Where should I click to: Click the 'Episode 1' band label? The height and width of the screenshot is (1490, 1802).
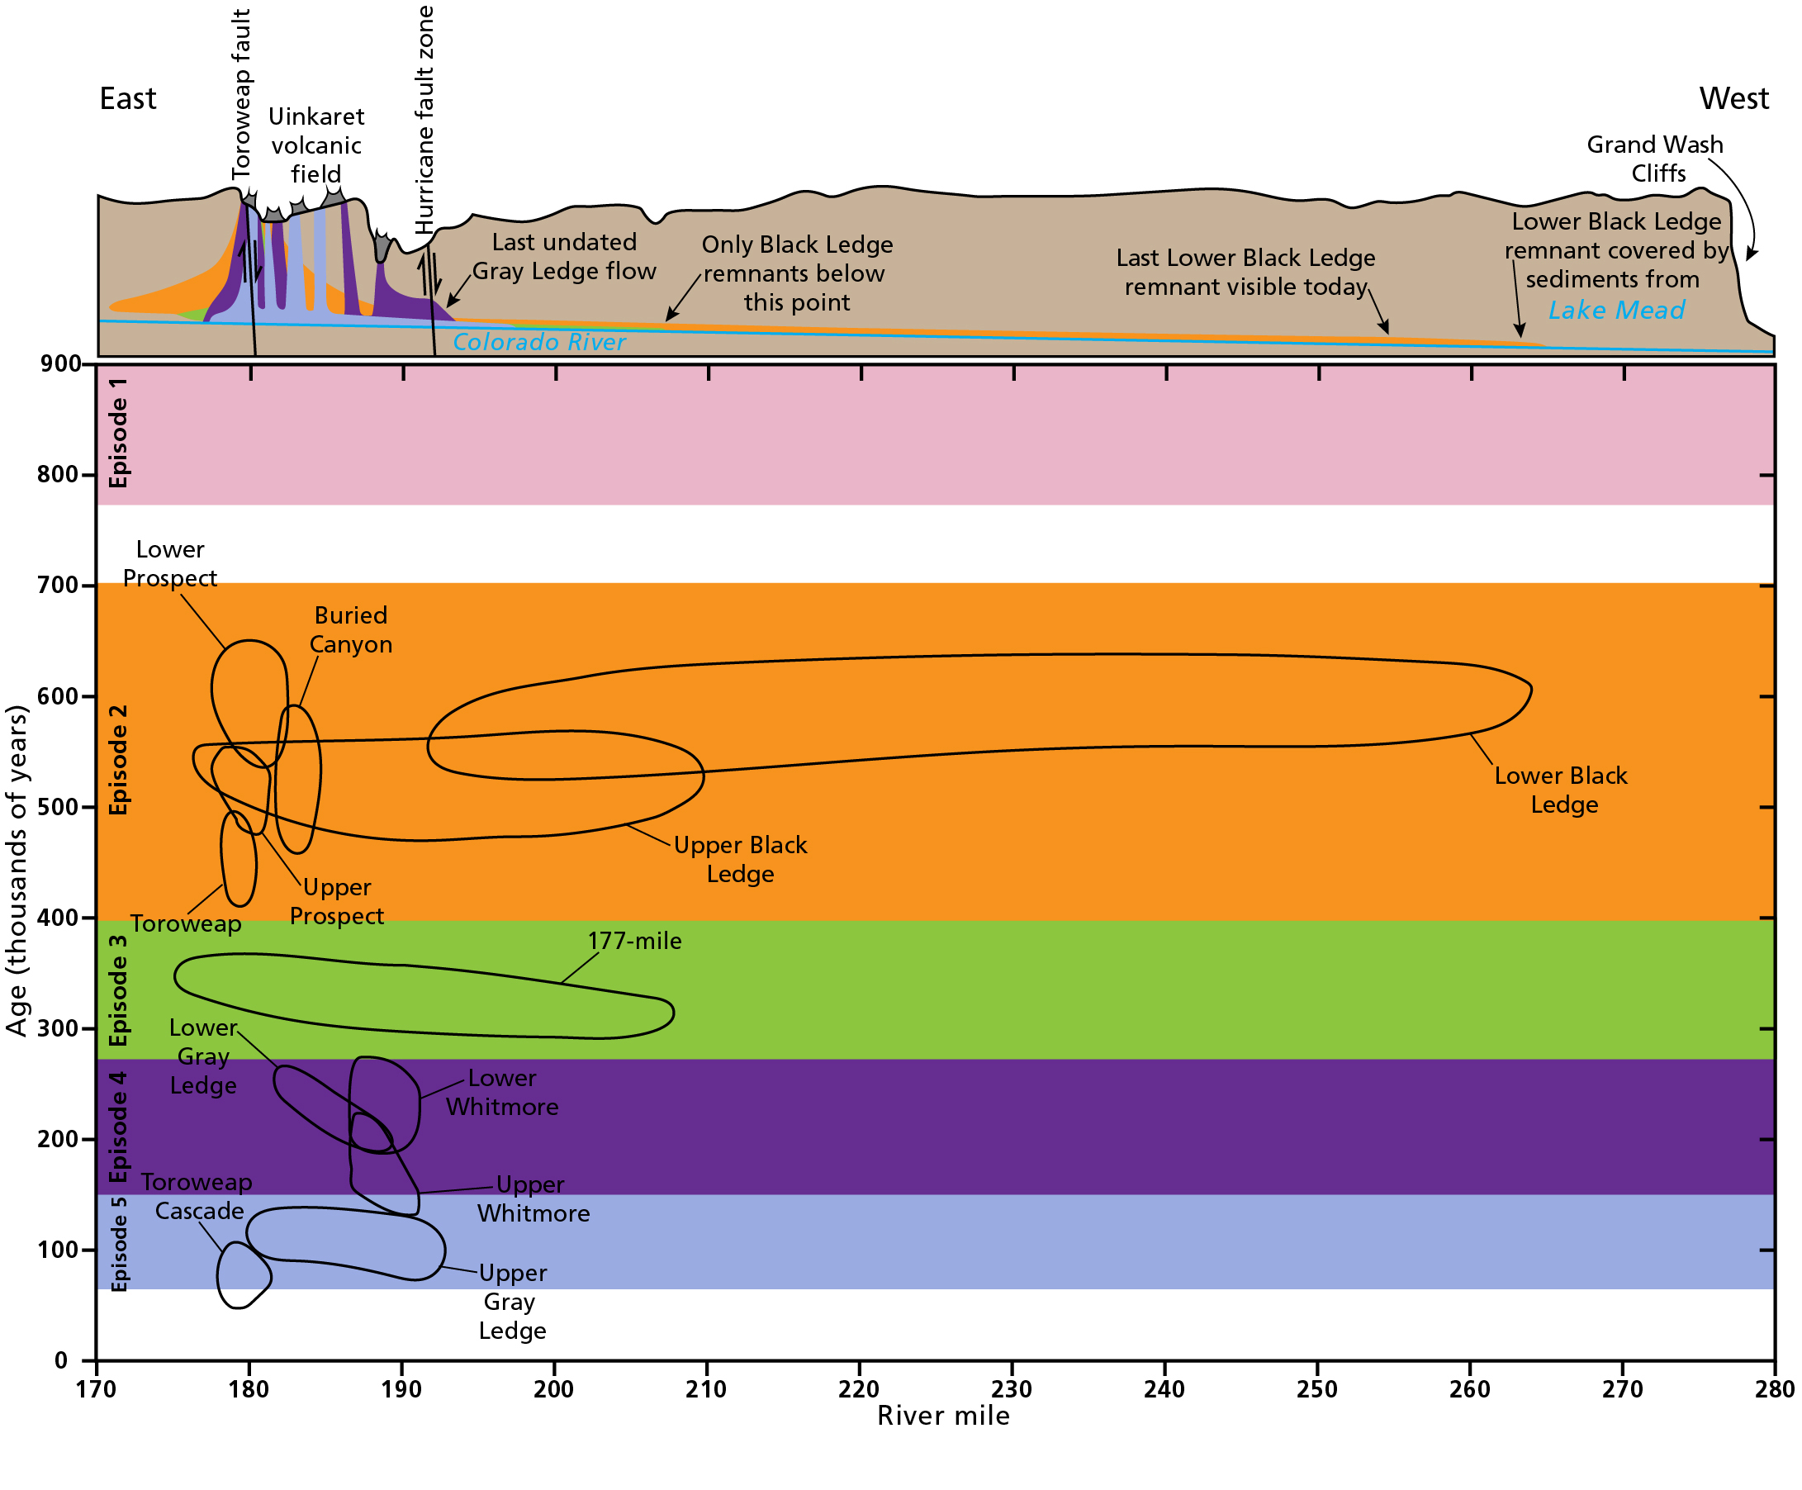coord(118,433)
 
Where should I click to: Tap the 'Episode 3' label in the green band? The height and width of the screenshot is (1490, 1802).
coord(118,990)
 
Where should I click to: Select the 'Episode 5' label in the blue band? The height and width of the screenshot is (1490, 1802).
coord(118,1244)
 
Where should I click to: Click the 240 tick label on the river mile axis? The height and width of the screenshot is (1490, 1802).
coord(1164,1388)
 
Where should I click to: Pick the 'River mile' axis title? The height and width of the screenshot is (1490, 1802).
coord(943,1416)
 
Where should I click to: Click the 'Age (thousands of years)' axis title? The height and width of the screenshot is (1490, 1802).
coord(17,871)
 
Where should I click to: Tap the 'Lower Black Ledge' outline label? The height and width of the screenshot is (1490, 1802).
coord(1561,790)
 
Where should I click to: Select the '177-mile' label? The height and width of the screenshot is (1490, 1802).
coord(634,941)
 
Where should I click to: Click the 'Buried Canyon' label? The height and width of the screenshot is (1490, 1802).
coord(351,629)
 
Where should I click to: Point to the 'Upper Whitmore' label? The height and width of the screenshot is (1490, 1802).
coord(533,1199)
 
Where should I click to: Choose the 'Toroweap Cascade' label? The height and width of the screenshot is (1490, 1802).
coord(197,1197)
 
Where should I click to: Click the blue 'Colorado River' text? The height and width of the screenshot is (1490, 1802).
coord(539,342)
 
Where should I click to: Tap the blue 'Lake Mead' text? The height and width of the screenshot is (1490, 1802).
coord(1617,310)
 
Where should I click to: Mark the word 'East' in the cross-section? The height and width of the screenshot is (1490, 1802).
coord(128,99)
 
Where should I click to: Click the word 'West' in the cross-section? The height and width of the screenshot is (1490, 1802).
coord(1734,99)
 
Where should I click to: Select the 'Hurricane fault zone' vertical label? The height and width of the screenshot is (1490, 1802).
coord(424,119)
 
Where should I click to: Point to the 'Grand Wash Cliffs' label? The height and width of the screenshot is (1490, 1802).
coord(1655,159)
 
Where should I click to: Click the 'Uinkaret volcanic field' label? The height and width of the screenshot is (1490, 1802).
coord(316,145)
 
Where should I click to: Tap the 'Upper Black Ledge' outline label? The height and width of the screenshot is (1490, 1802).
coord(741,859)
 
